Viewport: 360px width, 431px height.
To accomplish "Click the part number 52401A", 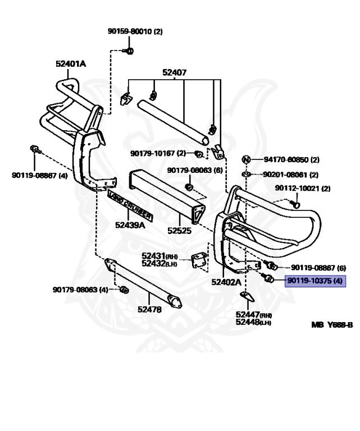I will tap(71, 64).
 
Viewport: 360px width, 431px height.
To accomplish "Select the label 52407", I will tap(175, 72).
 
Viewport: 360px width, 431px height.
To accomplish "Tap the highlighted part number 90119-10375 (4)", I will tap(315, 280).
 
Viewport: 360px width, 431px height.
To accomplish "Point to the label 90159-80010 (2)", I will tap(135, 31).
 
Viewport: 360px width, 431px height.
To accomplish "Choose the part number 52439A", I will tap(130, 225).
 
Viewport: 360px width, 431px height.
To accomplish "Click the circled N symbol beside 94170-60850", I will tap(245, 159).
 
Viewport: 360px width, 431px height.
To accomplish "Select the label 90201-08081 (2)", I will tap(290, 175).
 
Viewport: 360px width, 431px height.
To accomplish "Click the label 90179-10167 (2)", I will tap(158, 153).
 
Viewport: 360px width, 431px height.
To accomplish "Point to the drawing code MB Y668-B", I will tap(332, 324).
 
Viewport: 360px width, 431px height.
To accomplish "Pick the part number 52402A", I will tap(226, 282).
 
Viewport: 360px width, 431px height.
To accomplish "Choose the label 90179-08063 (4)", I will tap(80, 290).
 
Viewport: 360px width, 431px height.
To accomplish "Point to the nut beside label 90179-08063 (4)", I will tap(125, 290).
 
